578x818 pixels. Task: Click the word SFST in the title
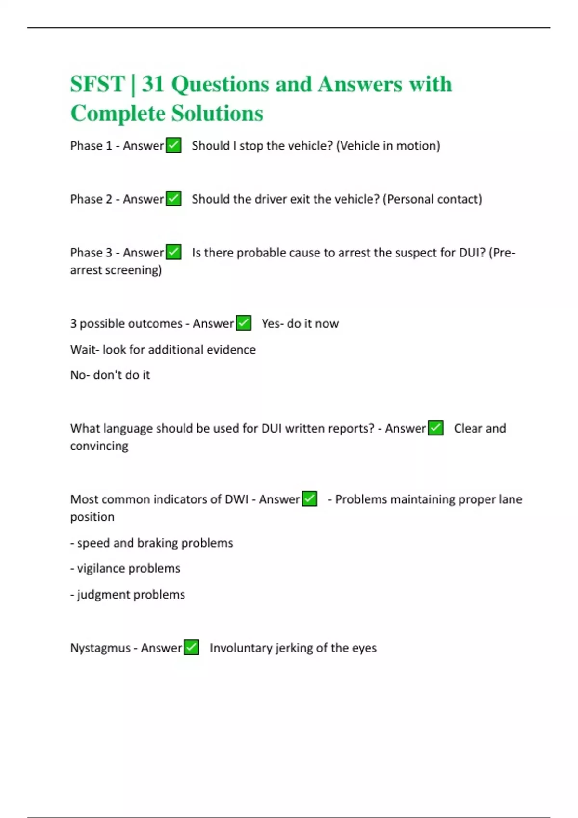pyautogui.click(x=97, y=84)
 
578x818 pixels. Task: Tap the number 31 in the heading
pyautogui.click(x=153, y=84)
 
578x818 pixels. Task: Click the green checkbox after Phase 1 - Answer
pyautogui.click(x=173, y=145)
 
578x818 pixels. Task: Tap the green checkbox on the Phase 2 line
pyautogui.click(x=173, y=199)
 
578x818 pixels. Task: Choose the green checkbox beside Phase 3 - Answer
pyautogui.click(x=173, y=252)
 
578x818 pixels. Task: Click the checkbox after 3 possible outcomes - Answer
pyautogui.click(x=244, y=323)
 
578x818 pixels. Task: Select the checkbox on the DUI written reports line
pyautogui.click(x=436, y=428)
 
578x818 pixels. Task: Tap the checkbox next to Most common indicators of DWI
pyautogui.click(x=310, y=499)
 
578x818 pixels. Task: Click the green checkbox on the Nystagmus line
pyautogui.click(x=192, y=648)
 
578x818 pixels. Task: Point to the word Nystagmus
pyautogui.click(x=100, y=648)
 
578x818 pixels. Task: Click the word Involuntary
pyautogui.click(x=241, y=648)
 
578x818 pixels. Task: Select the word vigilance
pyautogui.click(x=101, y=568)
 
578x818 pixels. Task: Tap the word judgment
pyautogui.click(x=103, y=595)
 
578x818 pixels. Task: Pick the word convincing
pyautogui.click(x=99, y=446)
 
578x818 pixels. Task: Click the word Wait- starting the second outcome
pyautogui.click(x=85, y=349)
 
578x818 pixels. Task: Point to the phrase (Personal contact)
pyautogui.click(x=433, y=199)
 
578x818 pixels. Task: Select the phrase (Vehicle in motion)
pyautogui.click(x=388, y=146)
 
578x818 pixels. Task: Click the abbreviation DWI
pyautogui.click(x=236, y=499)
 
